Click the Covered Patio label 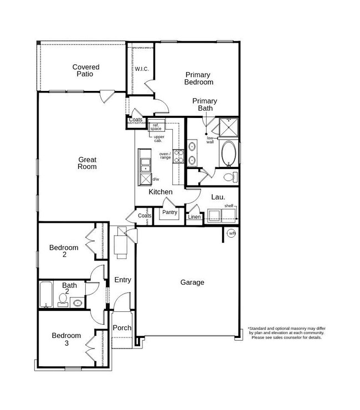[86, 70]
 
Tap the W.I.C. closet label [142, 69]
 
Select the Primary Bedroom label [198, 79]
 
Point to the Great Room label [87, 163]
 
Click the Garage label [192, 283]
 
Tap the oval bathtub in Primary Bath [229, 154]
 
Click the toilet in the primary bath [231, 177]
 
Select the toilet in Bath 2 [63, 300]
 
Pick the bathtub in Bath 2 [46, 294]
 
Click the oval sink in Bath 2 [78, 303]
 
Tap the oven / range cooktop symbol [179, 156]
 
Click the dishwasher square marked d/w [146, 180]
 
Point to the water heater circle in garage [232, 233]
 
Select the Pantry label [169, 212]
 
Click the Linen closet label [194, 217]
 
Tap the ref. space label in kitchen [156, 127]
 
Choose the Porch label [122, 327]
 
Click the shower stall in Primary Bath [229, 127]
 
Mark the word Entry [122, 280]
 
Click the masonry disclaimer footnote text [286, 333]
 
